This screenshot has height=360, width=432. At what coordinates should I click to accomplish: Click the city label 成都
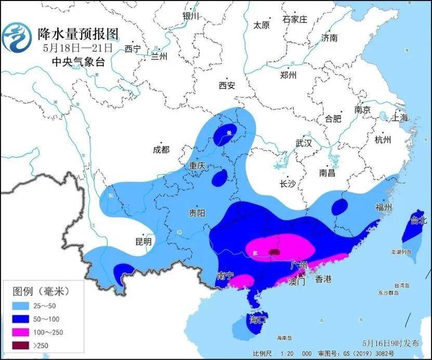pos(161,150)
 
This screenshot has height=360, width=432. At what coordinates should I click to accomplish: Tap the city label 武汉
pos(303,143)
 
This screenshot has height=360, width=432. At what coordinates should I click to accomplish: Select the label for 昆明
pos(143,242)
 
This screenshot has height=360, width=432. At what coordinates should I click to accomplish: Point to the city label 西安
pos(227,85)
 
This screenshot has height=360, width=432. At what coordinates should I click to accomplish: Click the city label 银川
pos(191,16)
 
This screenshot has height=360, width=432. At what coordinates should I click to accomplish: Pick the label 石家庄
pos(295,20)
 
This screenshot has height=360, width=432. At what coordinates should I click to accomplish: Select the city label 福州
pos(384,207)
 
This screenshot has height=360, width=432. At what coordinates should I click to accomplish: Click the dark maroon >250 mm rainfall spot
pos(274,252)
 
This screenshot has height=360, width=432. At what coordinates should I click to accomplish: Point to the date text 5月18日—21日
pos(77,48)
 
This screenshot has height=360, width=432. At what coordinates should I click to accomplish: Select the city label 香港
pos(323,279)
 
